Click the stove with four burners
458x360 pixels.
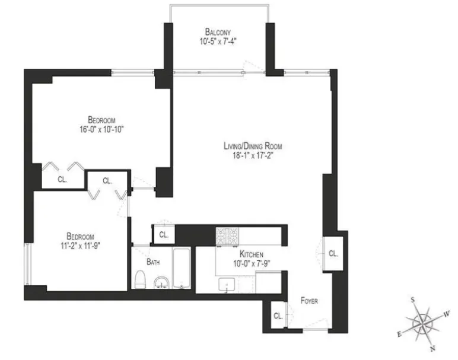(226, 237)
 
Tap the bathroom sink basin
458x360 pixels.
(160, 282)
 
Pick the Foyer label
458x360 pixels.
(308, 301)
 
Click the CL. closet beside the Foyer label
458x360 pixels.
(278, 316)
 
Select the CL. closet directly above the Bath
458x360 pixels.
(164, 235)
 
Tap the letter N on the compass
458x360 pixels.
(433, 349)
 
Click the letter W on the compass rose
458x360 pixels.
(447, 313)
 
